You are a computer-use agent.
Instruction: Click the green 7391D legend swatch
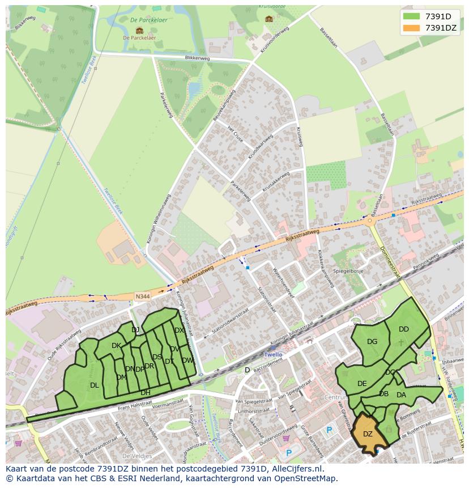[412, 16]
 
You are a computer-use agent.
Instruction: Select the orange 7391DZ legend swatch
[412, 28]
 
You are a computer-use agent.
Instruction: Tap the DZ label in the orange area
[368, 434]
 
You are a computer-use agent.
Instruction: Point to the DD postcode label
[403, 329]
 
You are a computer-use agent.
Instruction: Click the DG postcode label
[372, 342]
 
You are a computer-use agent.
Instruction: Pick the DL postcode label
[94, 385]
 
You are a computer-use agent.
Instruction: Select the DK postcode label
[116, 346]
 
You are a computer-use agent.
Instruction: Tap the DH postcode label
[146, 392]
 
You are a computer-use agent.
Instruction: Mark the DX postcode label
[179, 330]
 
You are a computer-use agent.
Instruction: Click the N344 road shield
[142, 296]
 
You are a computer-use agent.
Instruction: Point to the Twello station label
[273, 354]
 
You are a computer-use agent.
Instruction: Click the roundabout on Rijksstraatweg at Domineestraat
[371, 221]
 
